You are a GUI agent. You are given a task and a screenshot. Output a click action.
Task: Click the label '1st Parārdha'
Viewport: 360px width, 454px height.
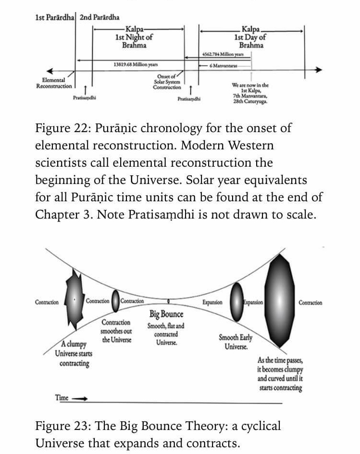[55, 18]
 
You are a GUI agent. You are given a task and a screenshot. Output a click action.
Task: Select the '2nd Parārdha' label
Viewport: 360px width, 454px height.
[99, 18]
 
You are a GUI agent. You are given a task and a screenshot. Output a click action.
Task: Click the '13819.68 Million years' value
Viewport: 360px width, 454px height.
[136, 64]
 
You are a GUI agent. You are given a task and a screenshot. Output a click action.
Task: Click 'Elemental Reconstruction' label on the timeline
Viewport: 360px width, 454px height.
[54, 83]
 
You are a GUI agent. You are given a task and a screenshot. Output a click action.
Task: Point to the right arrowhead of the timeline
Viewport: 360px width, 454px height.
[318, 70]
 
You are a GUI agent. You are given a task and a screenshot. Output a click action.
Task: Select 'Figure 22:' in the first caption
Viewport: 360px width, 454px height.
[62, 129]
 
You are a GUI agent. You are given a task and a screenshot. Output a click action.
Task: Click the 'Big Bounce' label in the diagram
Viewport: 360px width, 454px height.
[166, 314]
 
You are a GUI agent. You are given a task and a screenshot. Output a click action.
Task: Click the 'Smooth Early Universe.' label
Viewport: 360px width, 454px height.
[236, 342]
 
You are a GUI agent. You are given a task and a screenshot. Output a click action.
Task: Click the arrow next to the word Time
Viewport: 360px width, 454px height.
[80, 398]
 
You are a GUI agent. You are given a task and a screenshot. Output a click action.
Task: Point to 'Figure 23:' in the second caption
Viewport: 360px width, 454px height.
[62, 426]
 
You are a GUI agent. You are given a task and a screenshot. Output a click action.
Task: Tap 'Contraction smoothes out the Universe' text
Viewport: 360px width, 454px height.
[116, 331]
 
